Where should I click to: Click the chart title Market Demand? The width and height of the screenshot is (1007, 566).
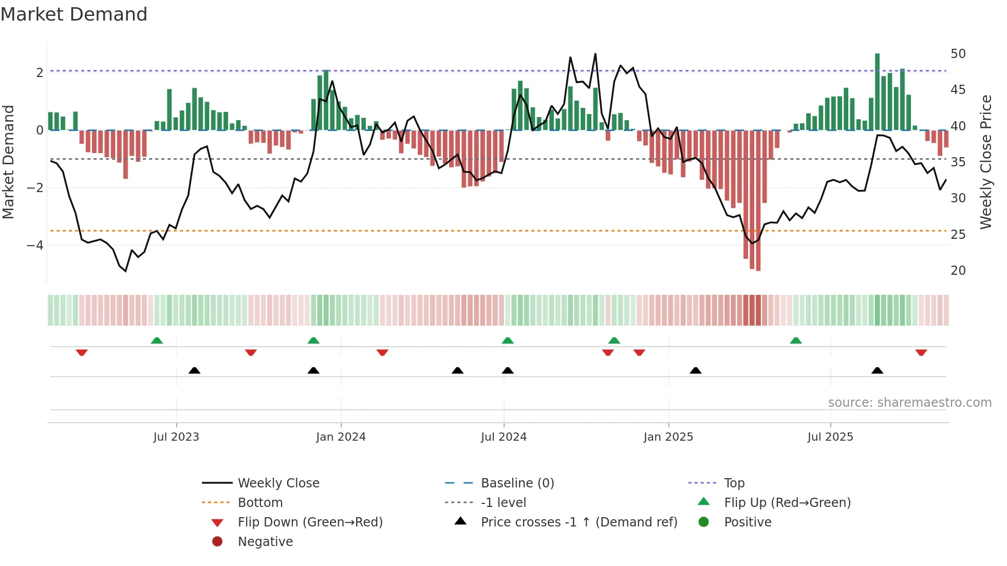click(x=74, y=14)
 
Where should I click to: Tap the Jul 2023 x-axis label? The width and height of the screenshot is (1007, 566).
click(x=176, y=437)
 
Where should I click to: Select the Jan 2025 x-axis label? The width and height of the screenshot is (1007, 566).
click(x=668, y=437)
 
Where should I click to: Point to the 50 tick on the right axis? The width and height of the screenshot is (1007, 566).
click(x=958, y=54)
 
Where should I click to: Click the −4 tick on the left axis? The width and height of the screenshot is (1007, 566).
click(x=35, y=246)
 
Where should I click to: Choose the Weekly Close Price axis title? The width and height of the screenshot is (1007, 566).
click(x=985, y=162)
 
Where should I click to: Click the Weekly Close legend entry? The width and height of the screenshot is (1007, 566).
click(x=278, y=483)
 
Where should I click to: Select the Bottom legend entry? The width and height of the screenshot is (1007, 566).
click(x=260, y=503)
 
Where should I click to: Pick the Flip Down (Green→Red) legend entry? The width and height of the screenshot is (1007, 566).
click(x=310, y=522)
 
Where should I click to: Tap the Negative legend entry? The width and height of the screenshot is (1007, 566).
click(x=265, y=542)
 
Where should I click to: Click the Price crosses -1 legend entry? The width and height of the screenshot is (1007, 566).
click(x=579, y=522)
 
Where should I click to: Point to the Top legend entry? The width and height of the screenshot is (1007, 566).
click(x=734, y=483)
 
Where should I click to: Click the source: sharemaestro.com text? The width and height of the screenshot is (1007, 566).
click(x=909, y=403)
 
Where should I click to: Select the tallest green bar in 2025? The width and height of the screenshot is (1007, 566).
click(x=878, y=91)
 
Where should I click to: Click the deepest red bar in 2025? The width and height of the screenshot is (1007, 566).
click(x=758, y=200)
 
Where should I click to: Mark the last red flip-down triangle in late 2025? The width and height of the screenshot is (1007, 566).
click(x=921, y=353)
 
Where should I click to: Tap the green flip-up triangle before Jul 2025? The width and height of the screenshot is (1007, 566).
click(x=795, y=341)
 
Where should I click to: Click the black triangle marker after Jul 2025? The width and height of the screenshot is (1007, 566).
click(x=878, y=370)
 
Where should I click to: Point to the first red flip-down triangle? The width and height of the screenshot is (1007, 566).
click(x=82, y=353)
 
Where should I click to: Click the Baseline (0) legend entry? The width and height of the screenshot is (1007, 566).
click(x=517, y=483)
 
